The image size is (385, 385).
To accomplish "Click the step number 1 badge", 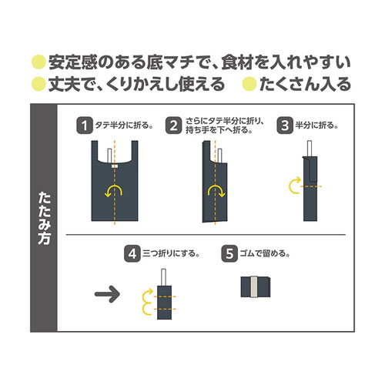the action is (85, 126).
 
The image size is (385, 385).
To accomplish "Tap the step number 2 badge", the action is (173, 126).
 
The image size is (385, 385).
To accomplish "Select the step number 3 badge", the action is (285, 126).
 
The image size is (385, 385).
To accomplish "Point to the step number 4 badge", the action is (132, 253).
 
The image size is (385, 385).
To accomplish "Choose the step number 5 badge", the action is (229, 253).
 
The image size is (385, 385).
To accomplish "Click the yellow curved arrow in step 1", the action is (113, 186).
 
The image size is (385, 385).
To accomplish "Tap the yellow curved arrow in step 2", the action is (216, 186).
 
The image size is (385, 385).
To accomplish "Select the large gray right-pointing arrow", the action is (107, 294).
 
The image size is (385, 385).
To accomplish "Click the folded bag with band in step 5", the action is (256, 287).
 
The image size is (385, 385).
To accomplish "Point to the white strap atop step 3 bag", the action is (310, 149).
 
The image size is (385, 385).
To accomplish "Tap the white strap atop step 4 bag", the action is (163, 277).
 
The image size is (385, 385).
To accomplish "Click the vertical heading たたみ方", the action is (44, 218).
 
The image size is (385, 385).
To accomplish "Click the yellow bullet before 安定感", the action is (38, 62).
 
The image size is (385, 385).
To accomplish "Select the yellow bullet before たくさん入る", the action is (249, 84).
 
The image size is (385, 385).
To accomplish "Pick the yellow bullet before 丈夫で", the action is (38, 84).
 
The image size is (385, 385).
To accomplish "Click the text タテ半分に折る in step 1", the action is (122, 126).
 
